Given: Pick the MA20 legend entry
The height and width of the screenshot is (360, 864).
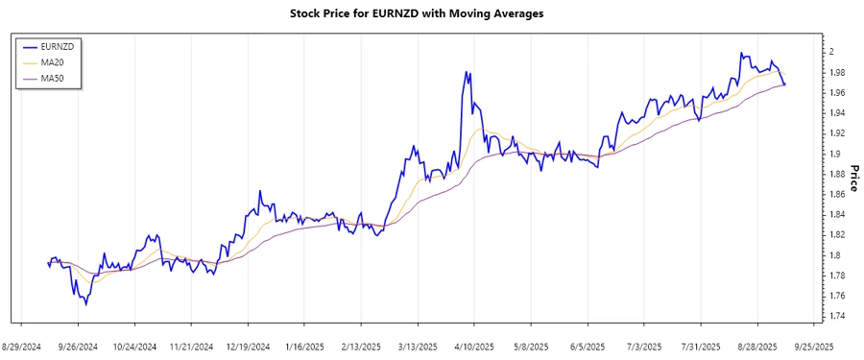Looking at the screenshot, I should point(53,61).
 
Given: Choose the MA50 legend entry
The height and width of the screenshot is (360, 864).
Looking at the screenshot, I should point(53,78).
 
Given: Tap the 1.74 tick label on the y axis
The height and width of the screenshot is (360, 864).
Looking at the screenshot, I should point(838,317).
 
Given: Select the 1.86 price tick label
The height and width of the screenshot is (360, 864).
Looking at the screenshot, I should point(838,195).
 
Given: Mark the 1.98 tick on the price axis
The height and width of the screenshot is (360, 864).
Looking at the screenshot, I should point(838,73).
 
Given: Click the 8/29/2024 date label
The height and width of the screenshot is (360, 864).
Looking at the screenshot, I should point(22,346).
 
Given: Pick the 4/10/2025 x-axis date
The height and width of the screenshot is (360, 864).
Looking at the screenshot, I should point(473,346).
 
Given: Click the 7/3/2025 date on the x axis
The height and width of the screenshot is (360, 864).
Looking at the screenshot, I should point(643,346).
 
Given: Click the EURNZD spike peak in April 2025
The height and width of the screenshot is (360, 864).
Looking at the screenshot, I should point(467,72).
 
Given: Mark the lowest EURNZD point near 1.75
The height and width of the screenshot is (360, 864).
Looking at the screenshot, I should point(85,305).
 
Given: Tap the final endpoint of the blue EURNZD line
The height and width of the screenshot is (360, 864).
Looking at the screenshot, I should point(785,85).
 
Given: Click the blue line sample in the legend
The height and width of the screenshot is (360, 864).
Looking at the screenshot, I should point(28,45).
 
